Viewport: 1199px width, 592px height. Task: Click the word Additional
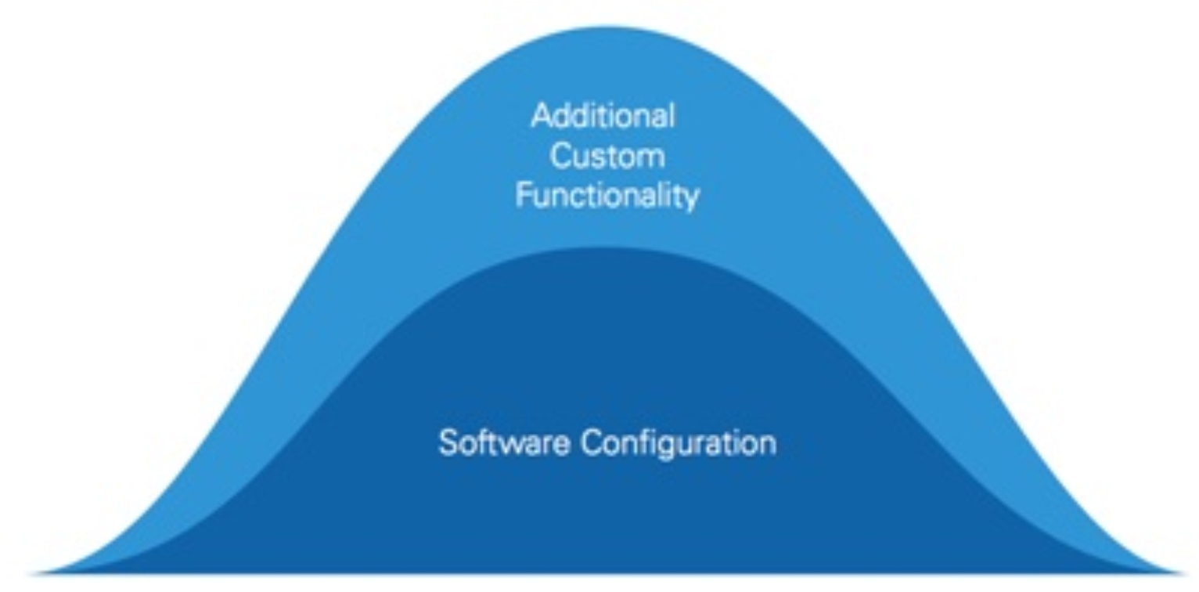click(x=603, y=116)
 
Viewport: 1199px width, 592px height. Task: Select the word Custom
click(x=607, y=156)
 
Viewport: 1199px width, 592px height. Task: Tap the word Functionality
click(x=607, y=196)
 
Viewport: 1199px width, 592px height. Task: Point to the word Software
click(x=504, y=443)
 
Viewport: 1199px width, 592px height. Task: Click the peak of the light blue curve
click(x=606, y=27)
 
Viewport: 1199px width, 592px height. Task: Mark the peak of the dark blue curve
click(x=596, y=248)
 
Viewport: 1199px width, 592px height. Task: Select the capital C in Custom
click(x=560, y=157)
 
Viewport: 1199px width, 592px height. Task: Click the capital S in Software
click(x=448, y=443)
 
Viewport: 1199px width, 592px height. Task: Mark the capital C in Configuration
click(x=593, y=443)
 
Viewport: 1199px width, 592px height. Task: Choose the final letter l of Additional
click(x=672, y=116)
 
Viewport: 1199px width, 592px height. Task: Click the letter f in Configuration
click(x=647, y=442)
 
